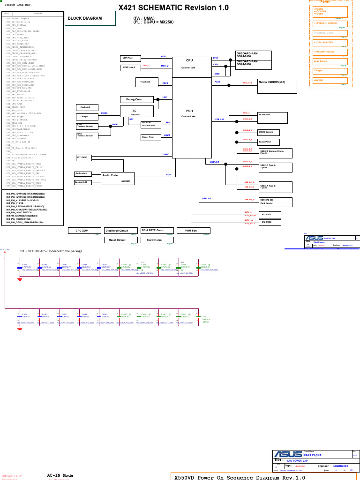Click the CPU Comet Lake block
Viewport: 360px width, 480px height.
pyautogui.click(x=189, y=64)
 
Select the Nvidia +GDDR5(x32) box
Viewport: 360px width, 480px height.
pyautogui.click(x=277, y=86)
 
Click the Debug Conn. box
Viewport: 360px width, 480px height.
pyautogui.click(x=137, y=99)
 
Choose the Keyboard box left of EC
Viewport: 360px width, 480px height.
pyautogui.click(x=87, y=107)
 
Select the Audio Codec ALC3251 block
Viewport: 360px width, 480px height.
pyautogui.click(x=117, y=178)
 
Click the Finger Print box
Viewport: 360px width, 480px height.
pyautogui.click(x=151, y=137)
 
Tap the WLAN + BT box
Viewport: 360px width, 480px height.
pyautogui.click(x=272, y=118)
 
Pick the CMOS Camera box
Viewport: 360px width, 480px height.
pyautogui.click(x=269, y=132)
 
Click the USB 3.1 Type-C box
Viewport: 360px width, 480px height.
pyautogui.click(x=275, y=187)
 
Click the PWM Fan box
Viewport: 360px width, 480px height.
pyautogui.click(x=193, y=231)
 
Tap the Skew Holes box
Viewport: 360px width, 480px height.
pyautogui.click(x=154, y=240)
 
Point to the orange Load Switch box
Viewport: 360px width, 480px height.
pyautogui.click(x=330, y=61)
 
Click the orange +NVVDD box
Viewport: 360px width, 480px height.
pyautogui.click(x=330, y=80)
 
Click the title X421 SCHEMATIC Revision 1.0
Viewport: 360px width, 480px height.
pyautogui.click(x=173, y=8)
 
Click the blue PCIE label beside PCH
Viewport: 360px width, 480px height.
pyautogui.click(x=217, y=82)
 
